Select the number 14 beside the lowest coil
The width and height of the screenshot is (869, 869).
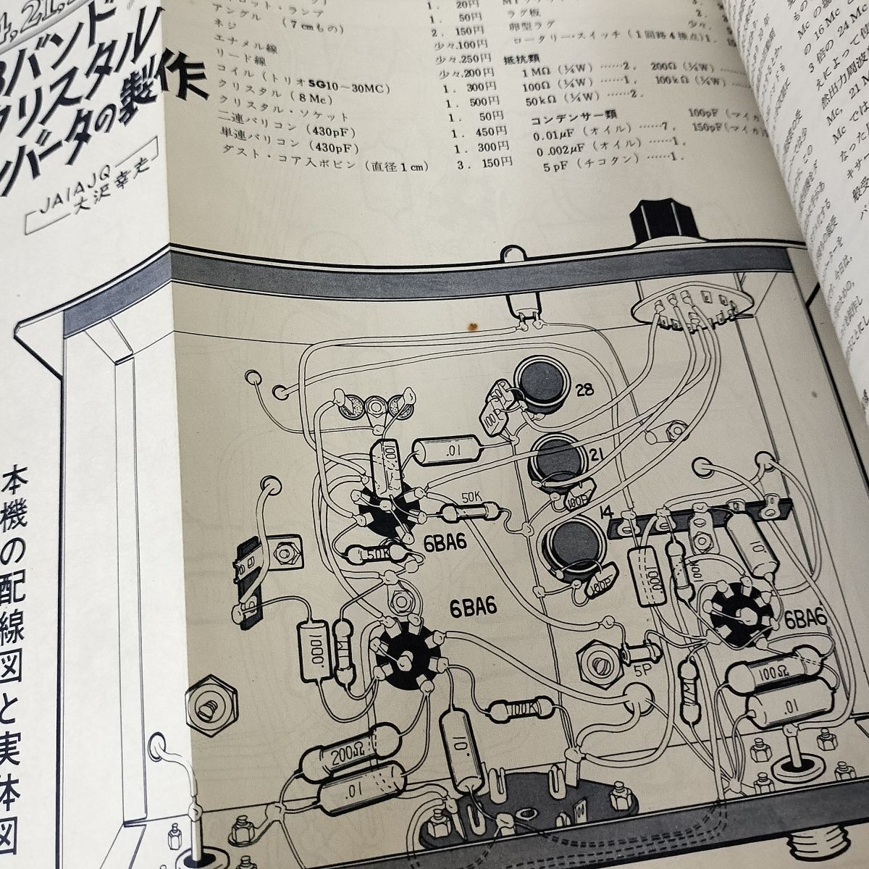[x=607, y=515]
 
